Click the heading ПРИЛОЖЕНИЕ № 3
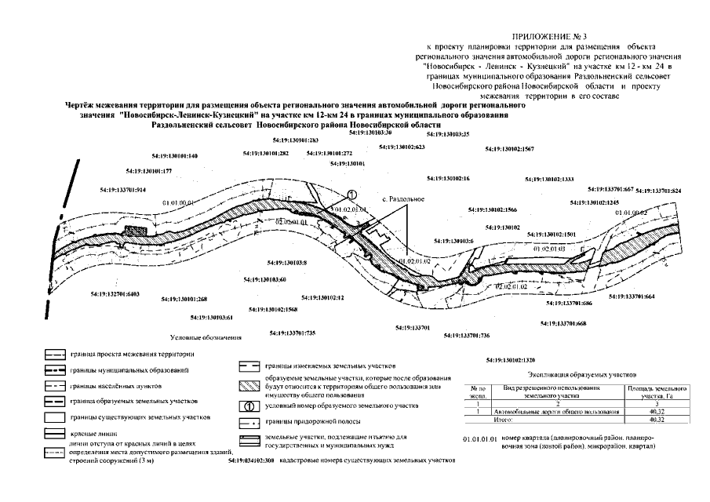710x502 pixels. [554, 37]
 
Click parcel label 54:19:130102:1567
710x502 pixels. [509, 148]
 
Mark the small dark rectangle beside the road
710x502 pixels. [137, 231]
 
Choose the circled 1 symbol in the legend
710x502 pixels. [247, 406]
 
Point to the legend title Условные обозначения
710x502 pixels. [206, 338]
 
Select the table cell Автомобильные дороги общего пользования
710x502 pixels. [555, 411]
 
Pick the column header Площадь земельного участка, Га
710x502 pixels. [654, 392]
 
